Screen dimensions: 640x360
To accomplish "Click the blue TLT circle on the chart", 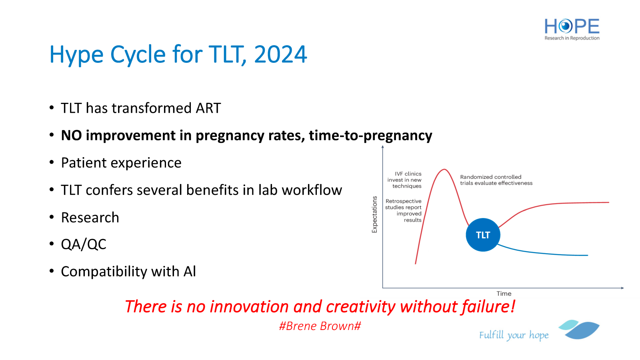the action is pos(483,235).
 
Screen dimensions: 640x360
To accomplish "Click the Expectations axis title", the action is pos(374,214).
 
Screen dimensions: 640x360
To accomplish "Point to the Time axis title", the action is pos(504,294).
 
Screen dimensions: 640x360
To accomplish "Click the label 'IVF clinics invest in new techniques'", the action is pos(404,180).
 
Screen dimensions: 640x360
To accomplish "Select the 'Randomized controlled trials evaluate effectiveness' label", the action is pos(496,180).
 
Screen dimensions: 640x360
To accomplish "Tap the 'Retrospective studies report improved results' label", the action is pos(403,210).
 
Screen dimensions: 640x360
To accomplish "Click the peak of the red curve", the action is pos(444,170).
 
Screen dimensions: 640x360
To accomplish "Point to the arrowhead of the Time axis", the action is pos(622,288).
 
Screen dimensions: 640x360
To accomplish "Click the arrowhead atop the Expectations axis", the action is pos(382,147).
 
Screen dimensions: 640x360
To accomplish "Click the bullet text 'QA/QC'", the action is pos(84,244).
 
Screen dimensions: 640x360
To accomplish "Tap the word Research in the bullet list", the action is pos(90,218).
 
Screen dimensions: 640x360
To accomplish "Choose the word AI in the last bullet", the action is pos(190,272).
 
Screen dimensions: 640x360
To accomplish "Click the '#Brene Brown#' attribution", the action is pos(320,326).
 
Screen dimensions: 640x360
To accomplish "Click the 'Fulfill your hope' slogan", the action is pos(514,335).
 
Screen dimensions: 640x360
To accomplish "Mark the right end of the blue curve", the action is pos(588,255).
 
